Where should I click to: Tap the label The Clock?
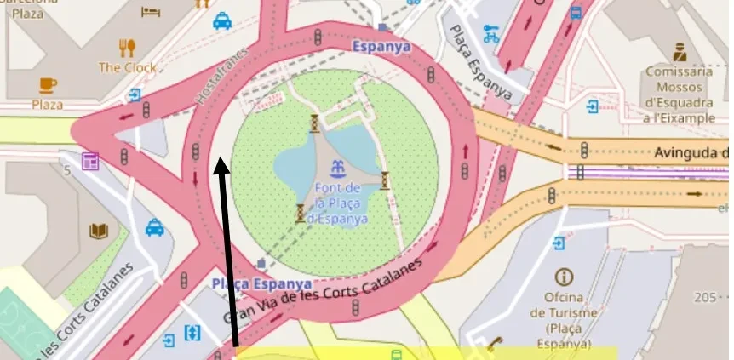pyautogui.click(x=128, y=67)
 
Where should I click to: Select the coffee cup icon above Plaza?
pyautogui.click(x=48, y=84)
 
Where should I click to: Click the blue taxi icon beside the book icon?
pyautogui.click(x=154, y=227)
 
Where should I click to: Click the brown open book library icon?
pyautogui.click(x=99, y=231)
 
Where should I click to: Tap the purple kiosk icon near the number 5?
pyautogui.click(x=90, y=161)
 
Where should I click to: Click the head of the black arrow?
pyautogui.click(x=221, y=163)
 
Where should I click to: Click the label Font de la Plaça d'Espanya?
pyautogui.click(x=339, y=202)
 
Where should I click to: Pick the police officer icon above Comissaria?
pyautogui.click(x=679, y=51)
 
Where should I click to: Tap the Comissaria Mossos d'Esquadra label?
pyautogui.click(x=679, y=94)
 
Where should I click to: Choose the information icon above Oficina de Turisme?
pyautogui.click(x=562, y=277)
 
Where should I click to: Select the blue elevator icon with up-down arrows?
pyautogui.click(x=192, y=333)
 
